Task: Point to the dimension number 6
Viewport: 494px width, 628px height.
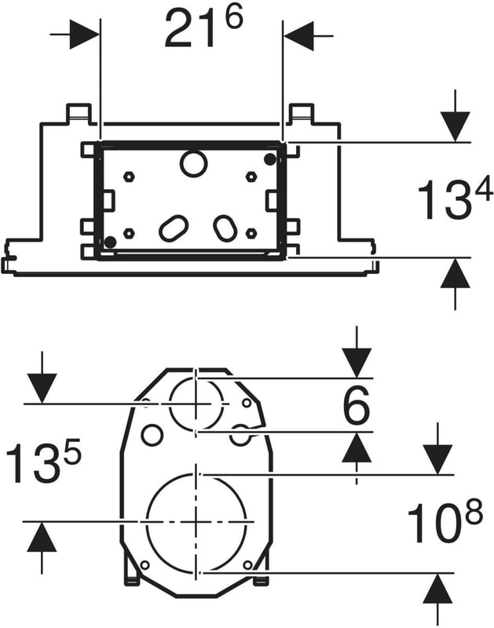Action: click(x=357, y=408)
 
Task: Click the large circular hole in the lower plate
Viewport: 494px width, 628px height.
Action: click(x=196, y=520)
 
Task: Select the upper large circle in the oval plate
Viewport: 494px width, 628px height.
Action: click(x=196, y=403)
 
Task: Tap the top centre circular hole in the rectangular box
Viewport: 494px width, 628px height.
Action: click(x=191, y=164)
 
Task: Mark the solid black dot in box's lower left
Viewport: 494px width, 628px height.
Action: click(x=111, y=242)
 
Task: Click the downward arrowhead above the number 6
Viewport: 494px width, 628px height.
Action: click(x=357, y=363)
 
